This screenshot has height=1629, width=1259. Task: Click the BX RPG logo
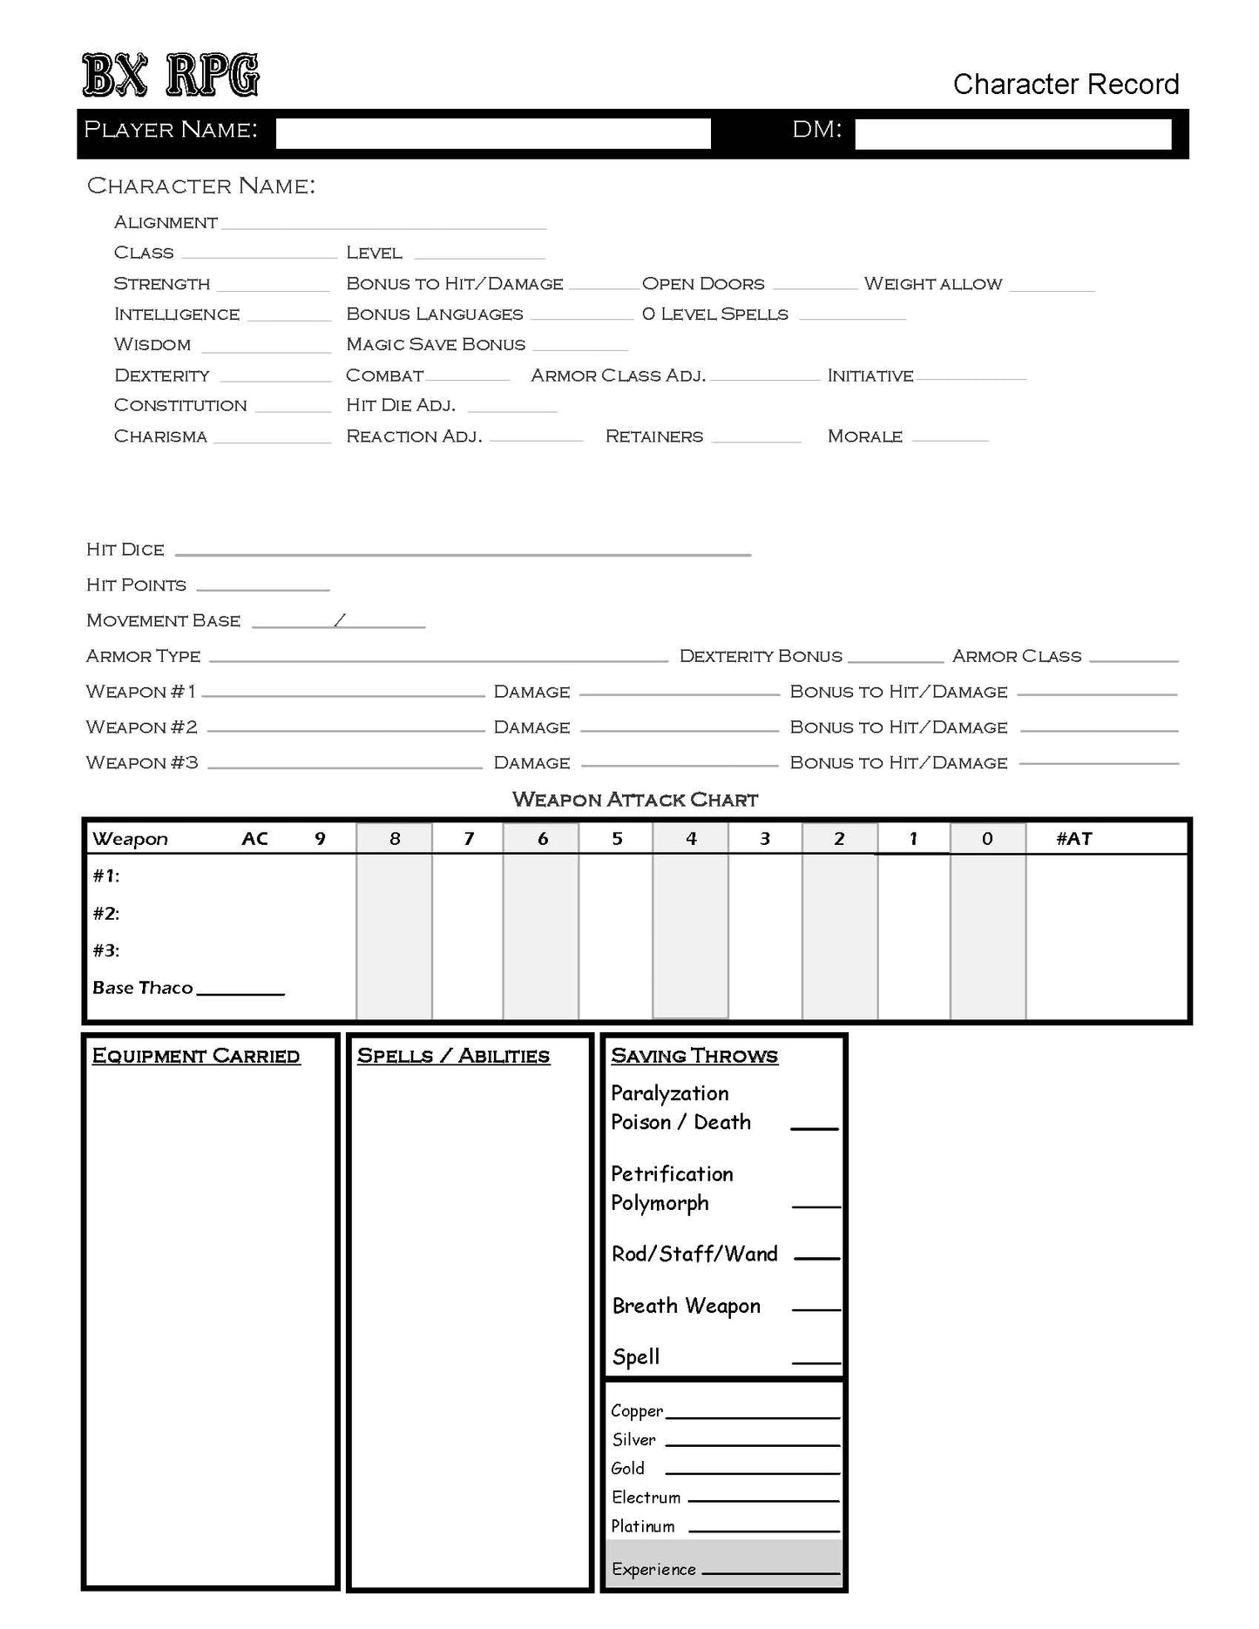coord(171,75)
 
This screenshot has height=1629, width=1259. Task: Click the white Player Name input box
coord(493,133)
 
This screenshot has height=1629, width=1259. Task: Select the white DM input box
coord(1012,134)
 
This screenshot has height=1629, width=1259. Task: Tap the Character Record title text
coord(1065,84)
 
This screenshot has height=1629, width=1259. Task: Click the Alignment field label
coord(166,223)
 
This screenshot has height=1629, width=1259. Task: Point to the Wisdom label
coord(152,345)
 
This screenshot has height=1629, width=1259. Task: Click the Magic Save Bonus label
coord(436,345)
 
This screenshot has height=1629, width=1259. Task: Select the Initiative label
coord(870,376)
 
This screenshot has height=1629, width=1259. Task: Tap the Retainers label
coord(653,436)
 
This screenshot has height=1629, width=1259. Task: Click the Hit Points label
coord(136,585)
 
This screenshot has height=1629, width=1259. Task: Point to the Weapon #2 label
coord(141,727)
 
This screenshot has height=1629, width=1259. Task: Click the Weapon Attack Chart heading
coord(635,800)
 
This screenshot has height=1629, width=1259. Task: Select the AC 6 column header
coord(542,839)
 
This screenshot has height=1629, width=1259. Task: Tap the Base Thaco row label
coord(142,988)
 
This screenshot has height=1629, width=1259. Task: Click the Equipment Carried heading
coord(196,1056)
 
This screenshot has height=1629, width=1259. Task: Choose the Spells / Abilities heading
coord(453,1056)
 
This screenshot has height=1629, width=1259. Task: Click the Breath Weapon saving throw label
coord(686,1306)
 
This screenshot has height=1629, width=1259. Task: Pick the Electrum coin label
coord(646,1497)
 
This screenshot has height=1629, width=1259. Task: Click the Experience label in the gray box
coord(653,1570)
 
